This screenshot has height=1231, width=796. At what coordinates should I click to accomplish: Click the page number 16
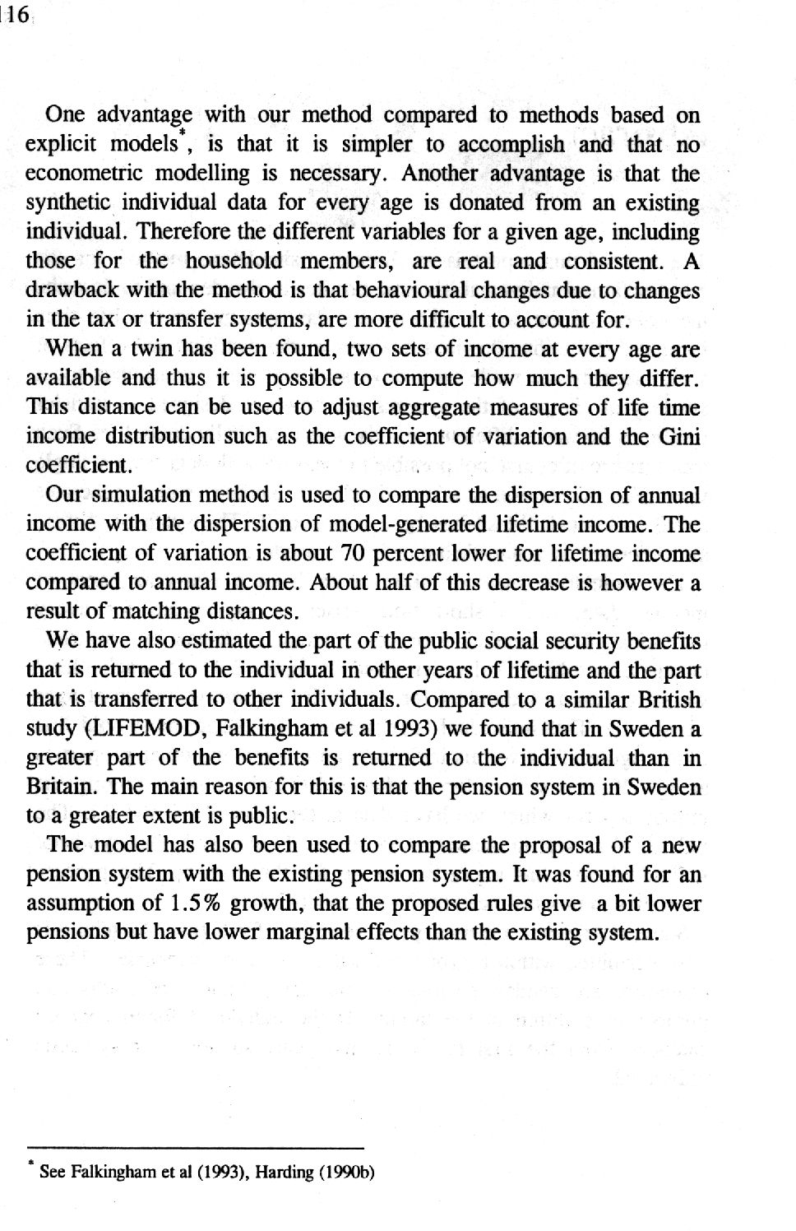(x=16, y=16)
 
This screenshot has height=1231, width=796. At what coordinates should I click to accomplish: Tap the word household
(x=233, y=262)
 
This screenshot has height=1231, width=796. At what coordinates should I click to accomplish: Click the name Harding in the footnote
(x=280, y=1173)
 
